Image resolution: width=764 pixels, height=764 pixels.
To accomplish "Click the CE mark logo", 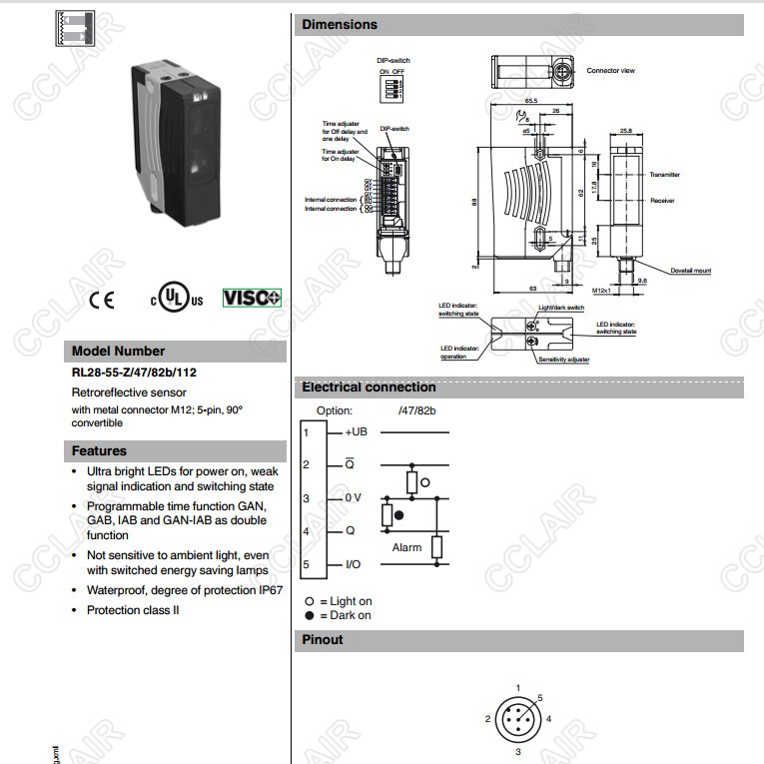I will coord(102,299).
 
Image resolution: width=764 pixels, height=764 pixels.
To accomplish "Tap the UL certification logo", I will coord(176,298).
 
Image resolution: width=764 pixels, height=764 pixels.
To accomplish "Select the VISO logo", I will coord(252,298).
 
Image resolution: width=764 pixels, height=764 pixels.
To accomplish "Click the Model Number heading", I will coord(119,352).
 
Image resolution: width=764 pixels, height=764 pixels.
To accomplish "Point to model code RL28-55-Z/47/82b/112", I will coord(133,374).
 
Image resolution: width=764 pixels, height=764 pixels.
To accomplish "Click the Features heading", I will coord(100,451).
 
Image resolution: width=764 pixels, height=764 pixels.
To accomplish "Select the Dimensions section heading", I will coord(341,24).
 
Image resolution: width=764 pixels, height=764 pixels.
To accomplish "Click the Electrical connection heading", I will coord(370,387).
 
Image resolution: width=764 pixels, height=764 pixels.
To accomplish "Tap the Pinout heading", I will coord(323,640).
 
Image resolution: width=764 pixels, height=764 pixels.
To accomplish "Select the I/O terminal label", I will coord(353,564).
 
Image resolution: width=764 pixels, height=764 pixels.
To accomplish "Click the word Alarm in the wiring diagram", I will coord(406,547).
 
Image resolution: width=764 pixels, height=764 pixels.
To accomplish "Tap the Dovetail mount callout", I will coord(690,271).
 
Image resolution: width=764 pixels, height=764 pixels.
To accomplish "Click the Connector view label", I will coord(610,71).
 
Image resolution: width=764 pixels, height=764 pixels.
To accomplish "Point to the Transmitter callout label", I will coord(664,175).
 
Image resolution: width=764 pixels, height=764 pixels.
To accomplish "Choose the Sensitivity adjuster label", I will coord(564,359).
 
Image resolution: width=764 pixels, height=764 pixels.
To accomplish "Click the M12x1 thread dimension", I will coord(602,291).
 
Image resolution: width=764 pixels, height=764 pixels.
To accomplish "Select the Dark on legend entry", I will coord(345,615).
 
